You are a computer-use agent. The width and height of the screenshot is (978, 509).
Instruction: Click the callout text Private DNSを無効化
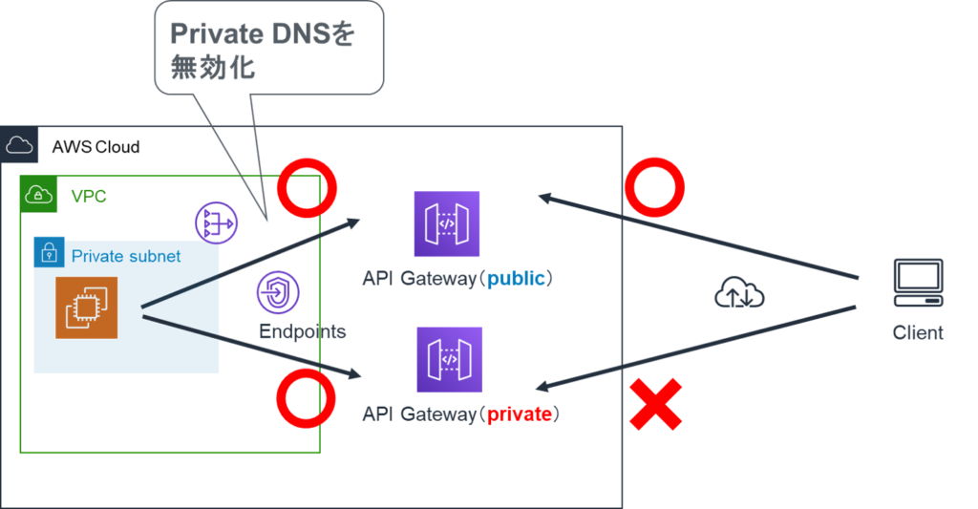tap(262, 51)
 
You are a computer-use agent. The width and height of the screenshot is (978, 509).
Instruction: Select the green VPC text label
tap(89, 197)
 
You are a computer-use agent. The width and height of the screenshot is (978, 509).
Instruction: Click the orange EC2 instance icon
tap(86, 308)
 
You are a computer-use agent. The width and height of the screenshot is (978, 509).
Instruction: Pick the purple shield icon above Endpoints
tap(278, 293)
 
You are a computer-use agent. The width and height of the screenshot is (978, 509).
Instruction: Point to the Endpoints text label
tap(302, 332)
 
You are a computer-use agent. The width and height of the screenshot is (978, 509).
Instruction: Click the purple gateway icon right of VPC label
tap(217, 223)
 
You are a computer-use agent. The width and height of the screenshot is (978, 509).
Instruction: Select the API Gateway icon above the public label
tap(447, 224)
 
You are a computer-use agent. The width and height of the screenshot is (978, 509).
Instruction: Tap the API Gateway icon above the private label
tap(449, 359)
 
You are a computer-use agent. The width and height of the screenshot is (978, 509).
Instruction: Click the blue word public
tap(516, 280)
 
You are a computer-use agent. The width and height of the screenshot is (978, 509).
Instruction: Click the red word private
tap(519, 414)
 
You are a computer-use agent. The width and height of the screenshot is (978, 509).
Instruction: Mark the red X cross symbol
tap(655, 404)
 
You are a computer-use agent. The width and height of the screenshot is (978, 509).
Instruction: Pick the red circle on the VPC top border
tap(307, 189)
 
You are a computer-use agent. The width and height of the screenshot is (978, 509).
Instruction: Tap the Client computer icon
tap(918, 283)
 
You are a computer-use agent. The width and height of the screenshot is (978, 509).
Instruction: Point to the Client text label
tap(918, 333)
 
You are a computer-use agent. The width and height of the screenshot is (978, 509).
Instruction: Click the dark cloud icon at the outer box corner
tap(19, 144)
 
